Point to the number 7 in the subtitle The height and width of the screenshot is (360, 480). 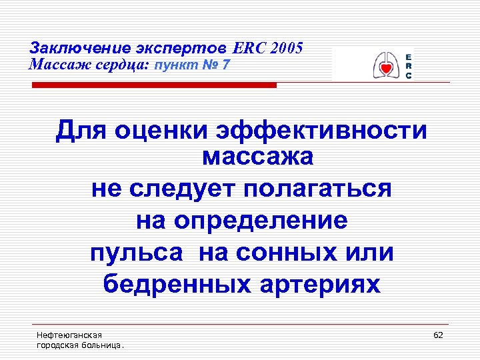pos(227,65)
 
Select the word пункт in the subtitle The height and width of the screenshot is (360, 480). pos(175,65)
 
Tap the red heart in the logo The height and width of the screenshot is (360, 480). pos(385,69)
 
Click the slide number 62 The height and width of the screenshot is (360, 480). pos(438,335)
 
